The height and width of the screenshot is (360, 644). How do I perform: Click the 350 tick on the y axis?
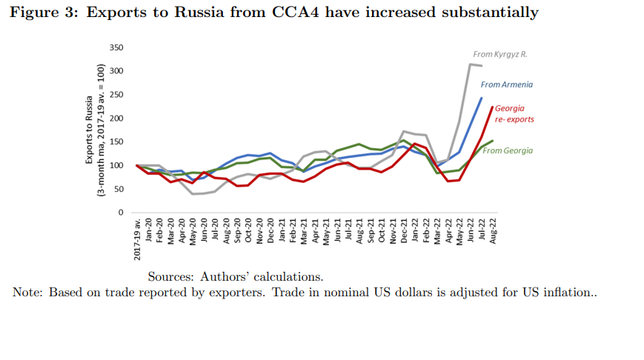pos(116,47)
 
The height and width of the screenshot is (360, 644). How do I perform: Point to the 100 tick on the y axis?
pos(116,165)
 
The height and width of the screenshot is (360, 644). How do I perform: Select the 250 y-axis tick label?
pos(116,95)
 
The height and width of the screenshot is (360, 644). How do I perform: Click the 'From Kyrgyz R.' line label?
pos(499,54)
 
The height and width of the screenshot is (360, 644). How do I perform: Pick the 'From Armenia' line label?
pos(506,84)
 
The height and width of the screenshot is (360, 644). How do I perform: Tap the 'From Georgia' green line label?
pos(508,150)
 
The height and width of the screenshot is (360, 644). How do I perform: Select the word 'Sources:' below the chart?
pos(170,277)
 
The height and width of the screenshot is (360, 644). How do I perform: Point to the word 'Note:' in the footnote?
pos(27,293)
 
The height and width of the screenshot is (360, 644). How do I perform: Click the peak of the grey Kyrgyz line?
pos(471,64)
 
